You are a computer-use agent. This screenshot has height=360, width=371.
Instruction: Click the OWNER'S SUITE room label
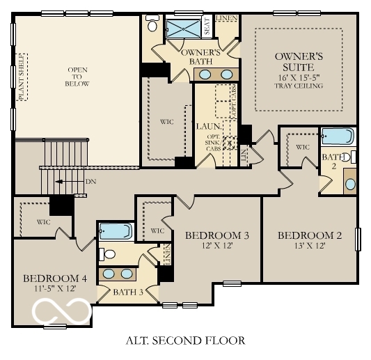tap(299, 61)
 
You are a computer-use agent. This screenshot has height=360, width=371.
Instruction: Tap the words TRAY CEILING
tap(299, 86)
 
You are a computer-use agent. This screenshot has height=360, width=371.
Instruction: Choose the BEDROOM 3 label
tap(216, 235)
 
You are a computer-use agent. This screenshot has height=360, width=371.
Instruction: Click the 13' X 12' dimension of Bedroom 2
tap(309, 246)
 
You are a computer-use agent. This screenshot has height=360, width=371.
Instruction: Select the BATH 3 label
tap(127, 292)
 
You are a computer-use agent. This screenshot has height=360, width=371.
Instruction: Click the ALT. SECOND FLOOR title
tap(185, 341)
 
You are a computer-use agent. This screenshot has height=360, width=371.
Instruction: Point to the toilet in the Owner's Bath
tap(152, 24)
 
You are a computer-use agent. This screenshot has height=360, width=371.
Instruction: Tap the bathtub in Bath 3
tap(116, 231)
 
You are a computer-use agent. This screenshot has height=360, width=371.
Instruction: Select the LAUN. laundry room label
tap(208, 127)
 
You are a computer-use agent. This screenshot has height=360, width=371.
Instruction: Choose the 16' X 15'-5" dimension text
tap(299, 76)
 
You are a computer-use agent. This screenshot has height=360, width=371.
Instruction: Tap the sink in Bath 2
tap(349, 184)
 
